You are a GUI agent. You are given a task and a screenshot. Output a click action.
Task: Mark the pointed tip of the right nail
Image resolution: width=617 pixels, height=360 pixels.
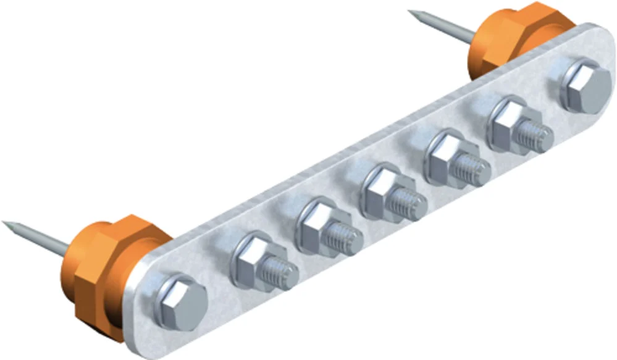(x=411, y=12)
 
